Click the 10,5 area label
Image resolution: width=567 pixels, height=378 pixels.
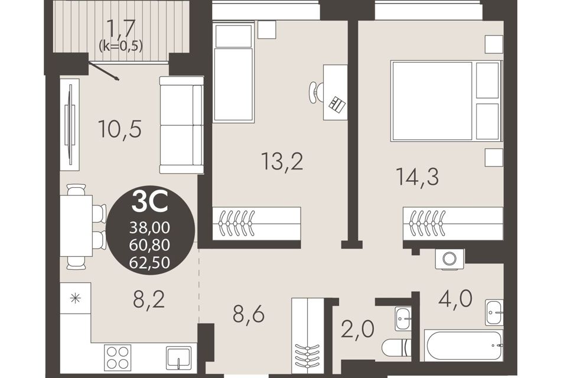coord(120,130)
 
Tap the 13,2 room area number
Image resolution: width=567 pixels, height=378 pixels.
coord(282,162)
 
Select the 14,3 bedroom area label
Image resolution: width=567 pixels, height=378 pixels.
coord(418,177)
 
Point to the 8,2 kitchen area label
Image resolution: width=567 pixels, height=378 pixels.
coord(149,299)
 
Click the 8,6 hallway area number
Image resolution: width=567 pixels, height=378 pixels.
coord(249,314)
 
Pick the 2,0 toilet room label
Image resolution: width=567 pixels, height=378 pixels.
coord(358,328)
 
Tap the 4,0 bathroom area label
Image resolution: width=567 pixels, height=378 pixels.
coord(455,299)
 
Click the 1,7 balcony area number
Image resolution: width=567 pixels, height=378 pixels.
coord(121,28)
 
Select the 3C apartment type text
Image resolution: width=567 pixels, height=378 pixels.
coord(150,202)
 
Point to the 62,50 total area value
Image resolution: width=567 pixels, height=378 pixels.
coord(149,262)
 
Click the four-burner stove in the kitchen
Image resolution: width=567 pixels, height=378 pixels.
coord(118,357)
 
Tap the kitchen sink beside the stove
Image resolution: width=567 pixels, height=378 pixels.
coord(178,358)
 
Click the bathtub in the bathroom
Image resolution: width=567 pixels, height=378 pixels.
coord(463,345)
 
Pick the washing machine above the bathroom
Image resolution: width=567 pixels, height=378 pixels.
coord(450,259)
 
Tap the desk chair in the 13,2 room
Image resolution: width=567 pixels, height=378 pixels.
coord(315,92)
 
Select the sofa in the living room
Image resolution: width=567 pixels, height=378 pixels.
coord(181,125)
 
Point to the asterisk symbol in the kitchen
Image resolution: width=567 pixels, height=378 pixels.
coord(75,298)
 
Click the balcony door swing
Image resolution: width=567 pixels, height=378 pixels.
coord(103,71)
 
